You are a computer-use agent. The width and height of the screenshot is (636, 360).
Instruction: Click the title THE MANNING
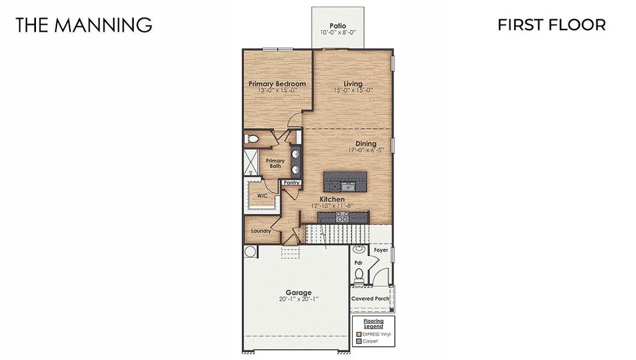83,25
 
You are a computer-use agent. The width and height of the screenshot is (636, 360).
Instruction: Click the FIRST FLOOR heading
551,25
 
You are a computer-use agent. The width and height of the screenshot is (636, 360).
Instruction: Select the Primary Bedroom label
277,83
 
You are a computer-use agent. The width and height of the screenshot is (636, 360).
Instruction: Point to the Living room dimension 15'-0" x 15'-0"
353,91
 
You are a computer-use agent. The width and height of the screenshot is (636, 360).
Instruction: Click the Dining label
365,143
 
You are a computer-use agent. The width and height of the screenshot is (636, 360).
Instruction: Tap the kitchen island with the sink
345,180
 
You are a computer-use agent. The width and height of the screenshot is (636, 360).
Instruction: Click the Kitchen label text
332,199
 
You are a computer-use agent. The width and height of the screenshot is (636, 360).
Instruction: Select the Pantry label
292,182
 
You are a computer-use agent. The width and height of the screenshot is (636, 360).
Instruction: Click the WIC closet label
262,196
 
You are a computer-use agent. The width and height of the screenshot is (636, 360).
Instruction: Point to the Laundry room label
261,231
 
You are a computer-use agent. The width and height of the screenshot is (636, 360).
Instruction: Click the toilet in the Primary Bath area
252,139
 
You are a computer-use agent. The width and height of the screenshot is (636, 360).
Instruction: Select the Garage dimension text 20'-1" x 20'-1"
298,299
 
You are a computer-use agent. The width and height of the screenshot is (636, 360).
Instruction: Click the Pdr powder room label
358,262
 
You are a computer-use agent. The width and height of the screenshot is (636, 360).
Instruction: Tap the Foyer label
381,250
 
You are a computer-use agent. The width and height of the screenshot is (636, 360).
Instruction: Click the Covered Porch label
370,298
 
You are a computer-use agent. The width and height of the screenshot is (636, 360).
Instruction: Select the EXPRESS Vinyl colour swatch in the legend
358,334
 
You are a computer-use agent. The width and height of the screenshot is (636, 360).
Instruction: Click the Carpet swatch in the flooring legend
358,341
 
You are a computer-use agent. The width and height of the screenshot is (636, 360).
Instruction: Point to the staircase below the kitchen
327,232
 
